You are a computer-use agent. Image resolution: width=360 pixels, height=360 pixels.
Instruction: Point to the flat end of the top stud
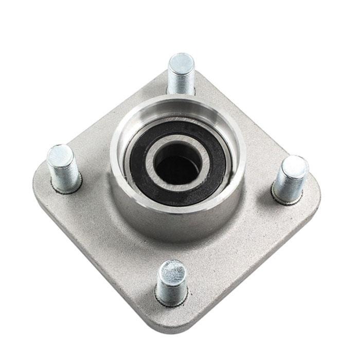click(x=181, y=62)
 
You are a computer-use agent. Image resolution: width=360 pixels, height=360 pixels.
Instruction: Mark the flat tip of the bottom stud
click(x=172, y=270)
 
